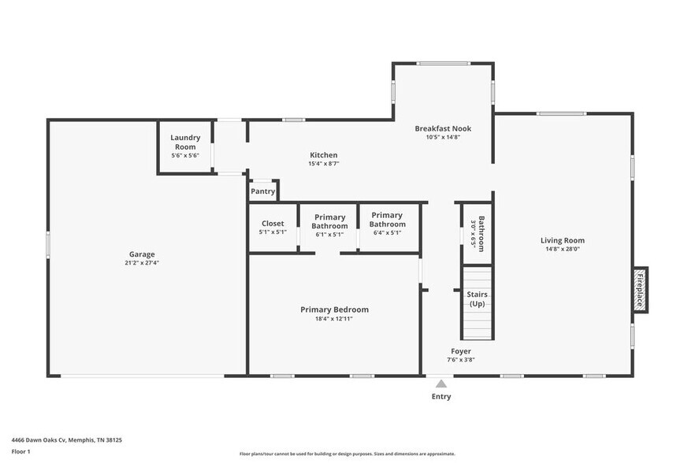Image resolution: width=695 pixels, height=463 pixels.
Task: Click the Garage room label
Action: click(x=142, y=254)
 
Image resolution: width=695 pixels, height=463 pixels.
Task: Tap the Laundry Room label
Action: click(x=185, y=142)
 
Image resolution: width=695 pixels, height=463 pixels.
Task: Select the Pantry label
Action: click(x=262, y=191)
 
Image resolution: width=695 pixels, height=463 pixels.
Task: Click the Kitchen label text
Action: click(x=323, y=155)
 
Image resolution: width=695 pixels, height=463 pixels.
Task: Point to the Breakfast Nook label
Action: click(x=443, y=128)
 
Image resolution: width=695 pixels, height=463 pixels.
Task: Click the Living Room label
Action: click(x=562, y=240)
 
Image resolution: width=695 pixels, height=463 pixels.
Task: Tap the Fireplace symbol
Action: click(x=640, y=289)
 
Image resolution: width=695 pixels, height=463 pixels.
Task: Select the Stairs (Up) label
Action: click(x=478, y=299)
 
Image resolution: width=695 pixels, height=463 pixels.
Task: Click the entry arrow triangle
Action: click(x=441, y=383)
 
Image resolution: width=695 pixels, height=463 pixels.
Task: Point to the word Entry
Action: click(x=441, y=397)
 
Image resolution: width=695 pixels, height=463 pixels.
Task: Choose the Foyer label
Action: click(x=461, y=351)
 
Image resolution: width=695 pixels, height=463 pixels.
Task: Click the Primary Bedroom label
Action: click(x=334, y=309)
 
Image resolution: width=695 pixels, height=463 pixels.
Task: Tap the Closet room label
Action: click(x=273, y=224)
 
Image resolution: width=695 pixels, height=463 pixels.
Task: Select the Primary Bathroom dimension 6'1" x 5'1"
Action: click(x=330, y=234)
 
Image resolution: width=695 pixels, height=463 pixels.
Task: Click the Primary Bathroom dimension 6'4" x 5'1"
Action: click(x=387, y=232)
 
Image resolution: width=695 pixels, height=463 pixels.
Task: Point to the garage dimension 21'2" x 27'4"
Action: click(x=142, y=263)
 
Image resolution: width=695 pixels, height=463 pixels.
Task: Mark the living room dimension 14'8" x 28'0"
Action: click(x=562, y=250)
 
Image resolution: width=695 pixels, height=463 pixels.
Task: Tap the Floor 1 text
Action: click(x=20, y=451)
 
